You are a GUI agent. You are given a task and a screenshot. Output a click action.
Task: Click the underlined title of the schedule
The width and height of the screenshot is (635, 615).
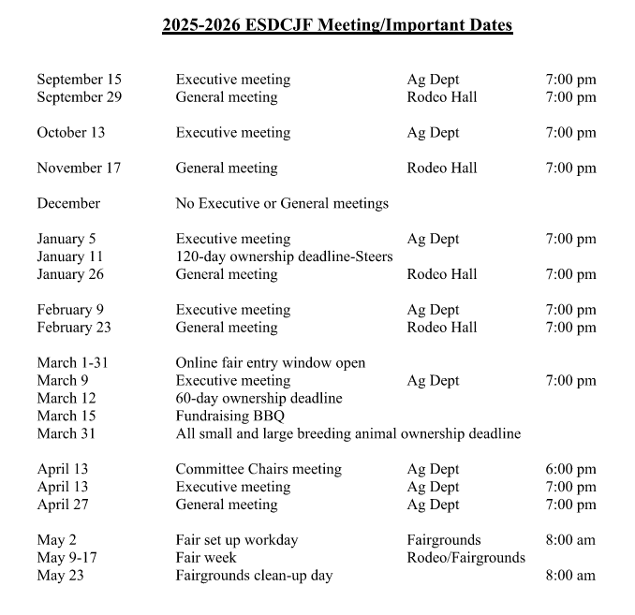tap(337, 25)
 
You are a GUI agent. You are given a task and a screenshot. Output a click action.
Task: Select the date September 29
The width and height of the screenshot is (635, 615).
tap(80, 97)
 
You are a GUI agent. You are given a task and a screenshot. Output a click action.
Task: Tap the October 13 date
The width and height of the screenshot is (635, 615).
tap(71, 133)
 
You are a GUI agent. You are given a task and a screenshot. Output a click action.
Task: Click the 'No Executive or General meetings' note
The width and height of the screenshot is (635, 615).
tap(282, 203)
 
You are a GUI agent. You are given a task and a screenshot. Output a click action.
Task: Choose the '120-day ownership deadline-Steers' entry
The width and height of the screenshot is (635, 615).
tap(284, 256)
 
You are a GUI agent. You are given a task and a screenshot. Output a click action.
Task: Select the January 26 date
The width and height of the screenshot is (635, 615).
tap(71, 274)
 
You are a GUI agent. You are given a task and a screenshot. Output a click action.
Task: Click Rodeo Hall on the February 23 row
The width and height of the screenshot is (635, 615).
tap(442, 328)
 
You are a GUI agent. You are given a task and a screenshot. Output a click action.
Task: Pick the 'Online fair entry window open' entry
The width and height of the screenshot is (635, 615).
tap(271, 362)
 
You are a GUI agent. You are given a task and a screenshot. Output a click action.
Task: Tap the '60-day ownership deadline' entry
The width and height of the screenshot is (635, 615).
tap(259, 398)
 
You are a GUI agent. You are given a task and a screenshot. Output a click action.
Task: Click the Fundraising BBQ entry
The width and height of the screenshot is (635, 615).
tap(230, 416)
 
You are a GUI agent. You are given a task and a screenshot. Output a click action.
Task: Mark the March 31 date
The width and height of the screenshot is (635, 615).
tap(66, 433)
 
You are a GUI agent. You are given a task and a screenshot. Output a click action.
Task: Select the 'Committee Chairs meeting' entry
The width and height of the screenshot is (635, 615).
tap(258, 469)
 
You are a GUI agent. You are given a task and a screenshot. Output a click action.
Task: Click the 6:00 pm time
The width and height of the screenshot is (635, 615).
tap(570, 469)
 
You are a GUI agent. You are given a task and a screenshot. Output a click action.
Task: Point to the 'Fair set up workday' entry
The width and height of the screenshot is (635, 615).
tap(237, 540)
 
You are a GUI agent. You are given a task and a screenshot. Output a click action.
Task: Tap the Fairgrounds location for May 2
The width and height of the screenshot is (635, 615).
tap(444, 540)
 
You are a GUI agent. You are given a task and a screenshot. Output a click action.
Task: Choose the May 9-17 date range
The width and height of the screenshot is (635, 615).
tap(67, 558)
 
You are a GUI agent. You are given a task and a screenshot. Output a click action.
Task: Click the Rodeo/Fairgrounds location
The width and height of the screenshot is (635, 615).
tap(466, 558)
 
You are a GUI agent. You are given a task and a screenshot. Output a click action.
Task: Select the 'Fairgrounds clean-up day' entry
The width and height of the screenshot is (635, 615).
tap(254, 576)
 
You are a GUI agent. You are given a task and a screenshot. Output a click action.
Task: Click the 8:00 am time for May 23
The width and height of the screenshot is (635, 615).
tap(570, 576)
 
